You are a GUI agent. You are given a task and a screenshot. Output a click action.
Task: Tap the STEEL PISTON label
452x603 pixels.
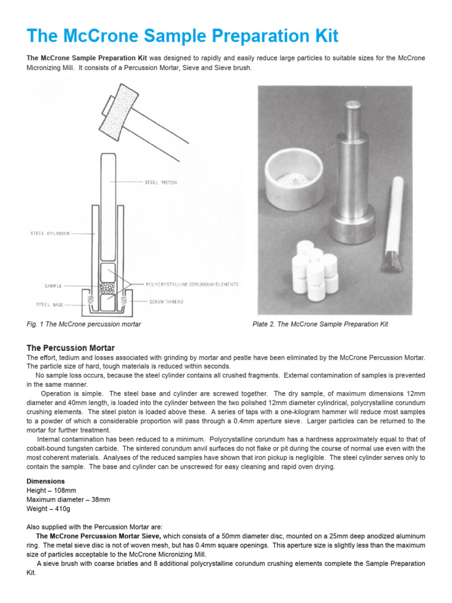(161, 183)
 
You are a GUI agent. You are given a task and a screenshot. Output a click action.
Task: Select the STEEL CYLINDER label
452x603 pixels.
(49, 233)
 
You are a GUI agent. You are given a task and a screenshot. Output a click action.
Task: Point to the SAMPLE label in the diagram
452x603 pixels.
(54, 285)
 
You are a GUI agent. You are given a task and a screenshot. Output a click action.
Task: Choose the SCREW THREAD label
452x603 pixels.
(167, 301)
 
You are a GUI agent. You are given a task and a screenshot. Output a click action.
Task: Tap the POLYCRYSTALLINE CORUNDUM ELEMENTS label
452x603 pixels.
(192, 284)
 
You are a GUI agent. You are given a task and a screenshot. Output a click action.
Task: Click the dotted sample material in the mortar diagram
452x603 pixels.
(107, 289)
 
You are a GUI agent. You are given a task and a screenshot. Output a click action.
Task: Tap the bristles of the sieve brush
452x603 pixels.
(391, 260)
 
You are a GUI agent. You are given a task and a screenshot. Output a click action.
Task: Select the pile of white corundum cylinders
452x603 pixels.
(315, 271)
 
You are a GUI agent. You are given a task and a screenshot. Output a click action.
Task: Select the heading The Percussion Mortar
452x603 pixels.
(71, 347)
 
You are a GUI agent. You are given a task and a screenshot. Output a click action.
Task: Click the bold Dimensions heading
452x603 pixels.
(45, 481)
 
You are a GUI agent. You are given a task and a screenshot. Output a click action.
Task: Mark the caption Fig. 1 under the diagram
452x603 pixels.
(84, 324)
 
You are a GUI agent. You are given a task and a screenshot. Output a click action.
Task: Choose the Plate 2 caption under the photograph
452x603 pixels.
(320, 324)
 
